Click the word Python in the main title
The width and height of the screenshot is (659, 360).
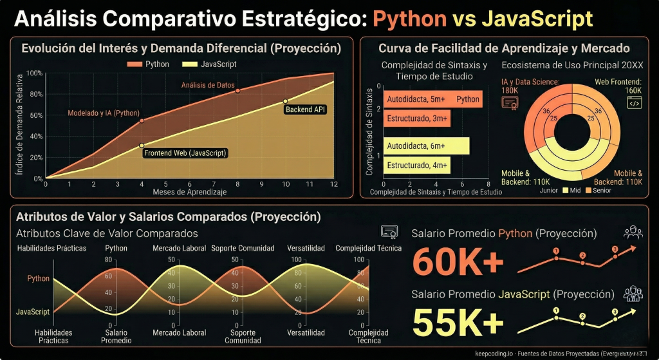tap(409, 18)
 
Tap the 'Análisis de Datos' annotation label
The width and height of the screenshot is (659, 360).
tap(207, 85)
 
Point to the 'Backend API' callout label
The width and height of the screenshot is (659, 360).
tap(305, 109)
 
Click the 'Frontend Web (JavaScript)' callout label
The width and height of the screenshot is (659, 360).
tap(185, 153)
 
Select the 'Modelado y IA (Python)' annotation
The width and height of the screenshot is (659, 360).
tap(104, 113)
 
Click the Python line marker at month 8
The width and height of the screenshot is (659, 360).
tap(237, 91)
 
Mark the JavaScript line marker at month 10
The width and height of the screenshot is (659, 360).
tap(286, 102)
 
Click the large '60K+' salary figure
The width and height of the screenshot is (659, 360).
tap(458, 261)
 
